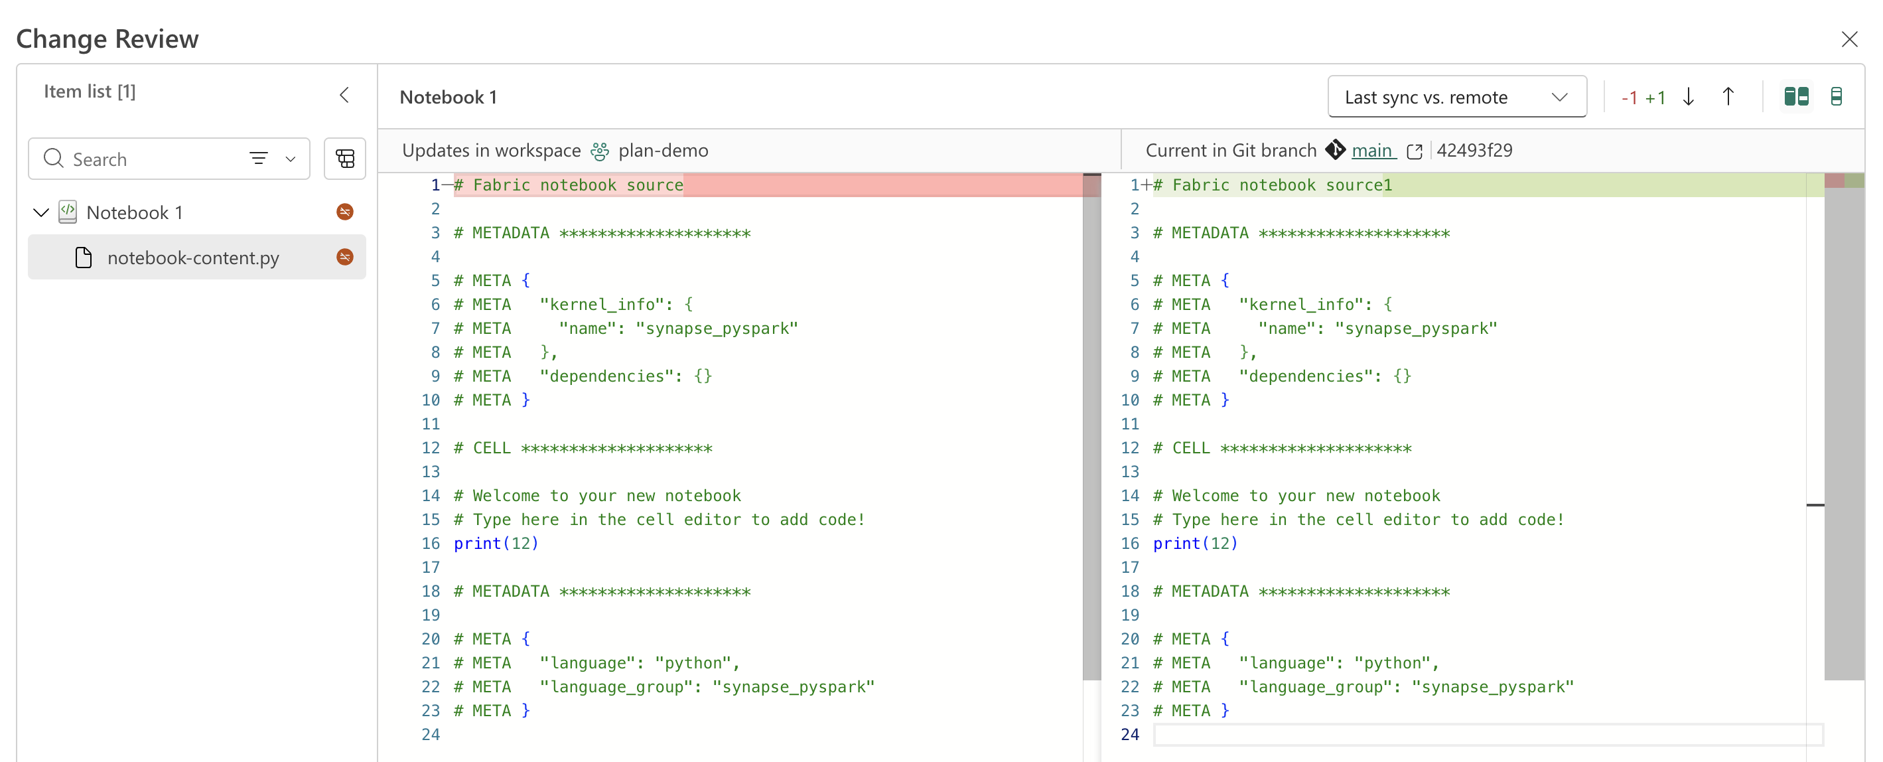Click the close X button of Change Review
(x=1848, y=38)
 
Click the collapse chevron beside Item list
(x=344, y=95)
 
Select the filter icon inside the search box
(x=259, y=158)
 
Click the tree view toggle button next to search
(x=345, y=159)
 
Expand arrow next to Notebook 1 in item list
(x=41, y=213)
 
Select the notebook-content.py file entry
(x=193, y=258)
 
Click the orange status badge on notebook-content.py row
(x=345, y=257)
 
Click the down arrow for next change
(x=1689, y=96)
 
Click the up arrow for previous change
(x=1728, y=96)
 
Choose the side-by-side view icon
(x=1796, y=96)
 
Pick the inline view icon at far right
(x=1835, y=96)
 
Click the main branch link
(x=1371, y=151)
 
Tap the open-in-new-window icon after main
(x=1415, y=151)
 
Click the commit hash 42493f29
(x=1474, y=151)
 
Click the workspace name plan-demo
(x=663, y=151)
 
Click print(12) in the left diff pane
(x=496, y=544)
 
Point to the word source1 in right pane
(x=1359, y=185)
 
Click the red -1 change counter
(x=1629, y=98)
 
